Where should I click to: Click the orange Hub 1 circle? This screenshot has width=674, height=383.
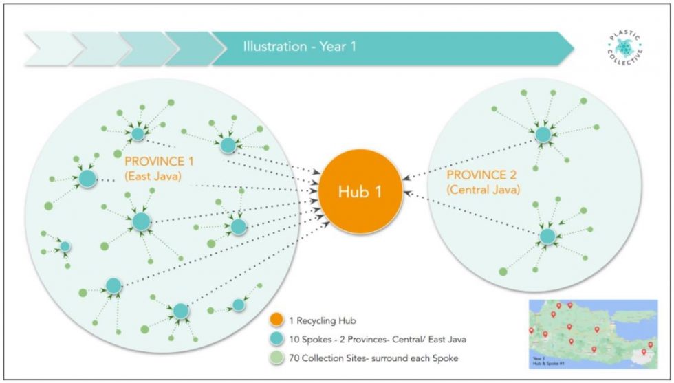(x=359, y=192)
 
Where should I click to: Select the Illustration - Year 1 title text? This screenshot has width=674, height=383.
(x=299, y=47)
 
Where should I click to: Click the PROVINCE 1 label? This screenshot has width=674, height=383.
(x=160, y=162)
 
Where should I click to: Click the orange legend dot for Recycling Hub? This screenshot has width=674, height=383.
(x=276, y=320)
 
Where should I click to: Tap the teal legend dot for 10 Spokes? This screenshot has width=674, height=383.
(x=276, y=338)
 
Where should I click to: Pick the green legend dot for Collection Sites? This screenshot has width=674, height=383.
(x=276, y=357)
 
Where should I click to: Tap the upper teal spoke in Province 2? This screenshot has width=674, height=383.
(x=543, y=134)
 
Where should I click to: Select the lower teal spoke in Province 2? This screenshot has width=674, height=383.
(x=547, y=237)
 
